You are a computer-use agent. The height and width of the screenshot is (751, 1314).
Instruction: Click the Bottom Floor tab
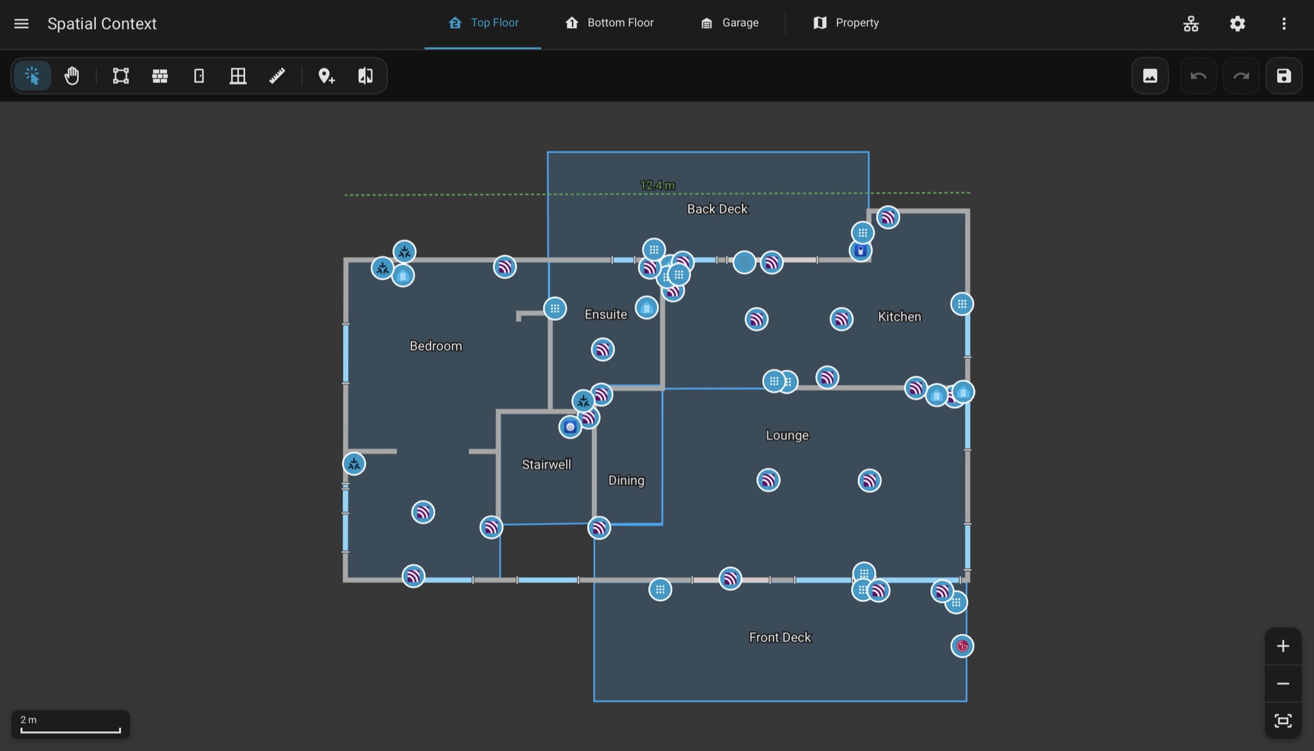609,23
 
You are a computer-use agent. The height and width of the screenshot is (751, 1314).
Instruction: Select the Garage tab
729,23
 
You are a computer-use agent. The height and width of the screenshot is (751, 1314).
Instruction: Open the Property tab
846,23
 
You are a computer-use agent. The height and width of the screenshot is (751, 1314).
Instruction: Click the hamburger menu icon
22,24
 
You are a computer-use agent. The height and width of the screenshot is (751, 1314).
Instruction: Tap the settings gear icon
1237,24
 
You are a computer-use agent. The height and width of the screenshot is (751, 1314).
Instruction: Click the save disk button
1284,76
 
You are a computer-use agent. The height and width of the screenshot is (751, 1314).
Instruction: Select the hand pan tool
72,76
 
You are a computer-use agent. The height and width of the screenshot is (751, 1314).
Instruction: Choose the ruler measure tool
277,76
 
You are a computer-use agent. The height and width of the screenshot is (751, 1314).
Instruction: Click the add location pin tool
327,76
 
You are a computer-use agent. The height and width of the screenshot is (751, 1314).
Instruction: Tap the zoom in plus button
1283,647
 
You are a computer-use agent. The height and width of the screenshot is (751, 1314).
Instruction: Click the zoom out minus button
1283,684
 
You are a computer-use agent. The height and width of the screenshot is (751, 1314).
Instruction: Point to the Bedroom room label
436,346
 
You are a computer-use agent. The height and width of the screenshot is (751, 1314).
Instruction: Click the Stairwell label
547,465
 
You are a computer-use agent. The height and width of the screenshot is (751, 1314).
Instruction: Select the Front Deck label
781,637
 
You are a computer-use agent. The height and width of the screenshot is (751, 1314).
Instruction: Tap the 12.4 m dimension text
658,185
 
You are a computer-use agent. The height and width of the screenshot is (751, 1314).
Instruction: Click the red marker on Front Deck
963,646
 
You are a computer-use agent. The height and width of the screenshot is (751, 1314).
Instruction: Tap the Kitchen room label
899,317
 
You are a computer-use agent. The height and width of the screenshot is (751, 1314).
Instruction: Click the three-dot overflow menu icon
1284,24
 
